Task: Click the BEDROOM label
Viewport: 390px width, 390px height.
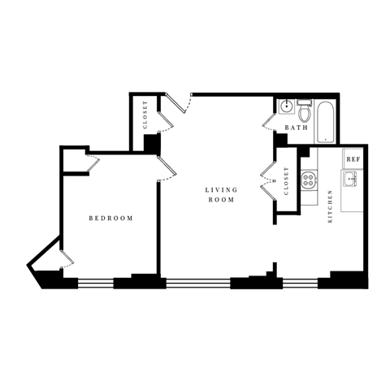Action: point(110,219)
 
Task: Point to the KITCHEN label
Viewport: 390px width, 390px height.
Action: point(330,211)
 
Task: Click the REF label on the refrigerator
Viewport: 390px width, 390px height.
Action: point(353,159)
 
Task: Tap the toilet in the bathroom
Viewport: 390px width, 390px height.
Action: point(304,110)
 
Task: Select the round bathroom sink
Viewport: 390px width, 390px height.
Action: point(287,107)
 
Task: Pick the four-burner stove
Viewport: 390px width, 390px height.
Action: point(309,179)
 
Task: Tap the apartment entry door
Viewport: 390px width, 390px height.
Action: point(179,104)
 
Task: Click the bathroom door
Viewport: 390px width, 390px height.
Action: point(270,122)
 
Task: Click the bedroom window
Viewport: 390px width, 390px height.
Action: point(95,284)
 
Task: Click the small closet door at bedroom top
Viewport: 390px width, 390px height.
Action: point(91,164)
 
